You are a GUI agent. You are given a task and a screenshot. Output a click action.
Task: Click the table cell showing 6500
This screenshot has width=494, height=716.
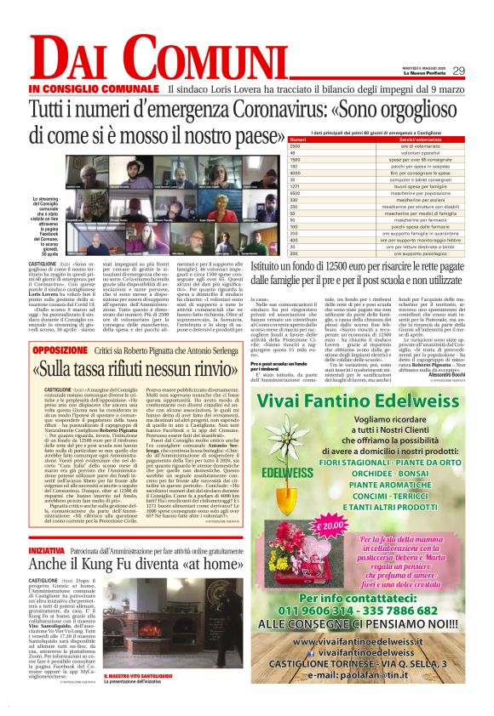point(296,194)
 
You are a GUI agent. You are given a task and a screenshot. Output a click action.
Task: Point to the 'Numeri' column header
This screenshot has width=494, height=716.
point(298,139)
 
